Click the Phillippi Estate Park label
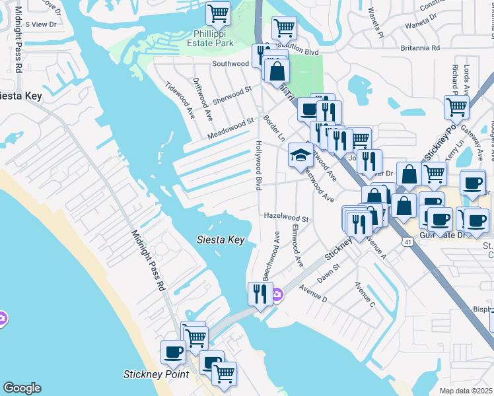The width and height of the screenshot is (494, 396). pos(214,38)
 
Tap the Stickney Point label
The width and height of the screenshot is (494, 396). pos(157,374)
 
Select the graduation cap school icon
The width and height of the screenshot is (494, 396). pos(300,156)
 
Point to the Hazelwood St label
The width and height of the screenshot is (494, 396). pos(287,216)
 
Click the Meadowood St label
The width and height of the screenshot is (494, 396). pos(230,125)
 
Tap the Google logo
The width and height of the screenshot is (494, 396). pos(22,388)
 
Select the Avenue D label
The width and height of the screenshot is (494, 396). pos(313,293)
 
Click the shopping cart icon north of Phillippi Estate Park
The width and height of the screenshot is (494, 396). pos(218,13)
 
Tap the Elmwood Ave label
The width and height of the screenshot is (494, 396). pos(296,247)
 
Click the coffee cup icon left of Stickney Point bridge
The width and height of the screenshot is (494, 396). pos(173,351)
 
